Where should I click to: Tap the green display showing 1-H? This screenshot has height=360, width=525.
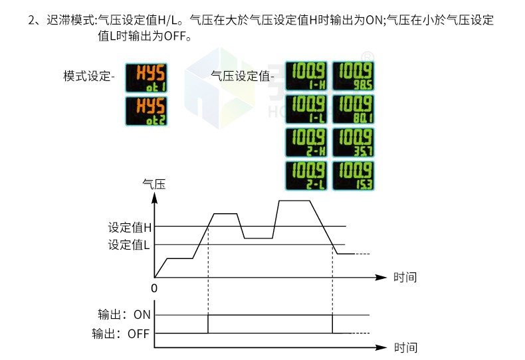pyautogui.click(x=306, y=76)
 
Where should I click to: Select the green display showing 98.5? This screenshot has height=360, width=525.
pyautogui.click(x=352, y=76)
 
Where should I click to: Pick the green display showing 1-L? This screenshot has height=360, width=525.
pyautogui.click(x=306, y=110)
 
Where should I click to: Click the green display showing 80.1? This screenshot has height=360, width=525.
pyautogui.click(x=352, y=110)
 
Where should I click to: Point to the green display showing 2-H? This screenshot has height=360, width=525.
pyautogui.click(x=306, y=143)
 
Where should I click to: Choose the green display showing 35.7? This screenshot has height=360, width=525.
pyautogui.click(x=352, y=143)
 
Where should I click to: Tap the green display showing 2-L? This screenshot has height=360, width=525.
pyautogui.click(x=306, y=176)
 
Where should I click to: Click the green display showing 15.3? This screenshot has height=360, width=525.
pyautogui.click(x=352, y=176)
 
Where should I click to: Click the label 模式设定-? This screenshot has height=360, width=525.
pyautogui.click(x=90, y=76)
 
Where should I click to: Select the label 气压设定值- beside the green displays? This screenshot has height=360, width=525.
pyautogui.click(x=243, y=76)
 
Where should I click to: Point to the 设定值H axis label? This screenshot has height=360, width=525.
pyautogui.click(x=130, y=227)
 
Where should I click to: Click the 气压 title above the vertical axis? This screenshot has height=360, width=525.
pyautogui.click(x=154, y=185)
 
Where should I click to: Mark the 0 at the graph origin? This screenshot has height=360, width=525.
pyautogui.click(x=154, y=289)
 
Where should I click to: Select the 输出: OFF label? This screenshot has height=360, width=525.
pyautogui.click(x=121, y=333)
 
